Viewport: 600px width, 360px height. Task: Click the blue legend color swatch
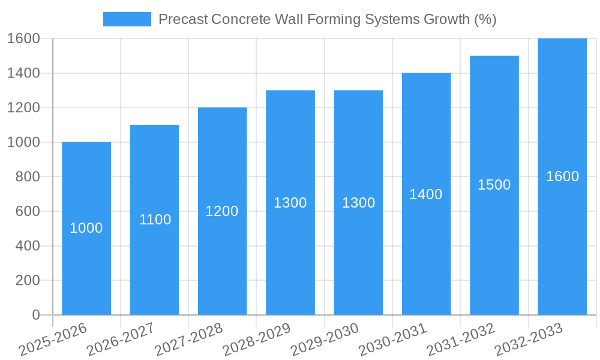[x=127, y=19]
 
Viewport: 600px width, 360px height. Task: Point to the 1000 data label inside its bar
[x=86, y=228]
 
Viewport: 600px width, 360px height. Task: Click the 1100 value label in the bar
[x=155, y=220]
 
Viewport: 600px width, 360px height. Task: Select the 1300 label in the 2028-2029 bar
[x=290, y=203]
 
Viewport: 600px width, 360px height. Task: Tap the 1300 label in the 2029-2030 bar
[x=358, y=203]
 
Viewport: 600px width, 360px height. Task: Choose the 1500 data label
[x=494, y=185]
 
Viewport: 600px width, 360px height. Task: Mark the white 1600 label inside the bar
[x=562, y=176]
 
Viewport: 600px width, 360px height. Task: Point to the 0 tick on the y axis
[x=35, y=315]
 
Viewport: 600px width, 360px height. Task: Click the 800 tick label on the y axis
[x=28, y=177]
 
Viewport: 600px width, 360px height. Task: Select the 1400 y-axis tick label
[x=23, y=73]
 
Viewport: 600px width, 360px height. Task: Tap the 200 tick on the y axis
[x=28, y=280]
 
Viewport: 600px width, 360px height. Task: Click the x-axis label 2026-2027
[x=121, y=340]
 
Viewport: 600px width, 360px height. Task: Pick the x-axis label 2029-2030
[x=325, y=340]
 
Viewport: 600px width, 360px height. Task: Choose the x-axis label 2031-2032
[x=460, y=340]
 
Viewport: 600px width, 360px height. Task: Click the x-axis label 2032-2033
[x=529, y=340]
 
